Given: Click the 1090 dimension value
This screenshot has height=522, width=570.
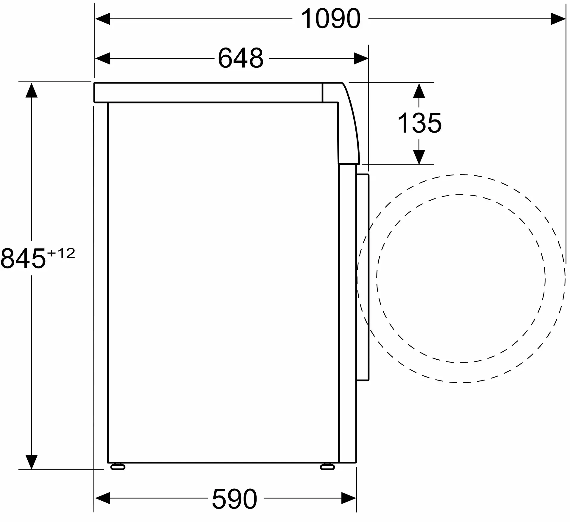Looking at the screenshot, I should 330,19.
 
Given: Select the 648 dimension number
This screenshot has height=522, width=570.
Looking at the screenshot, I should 241,58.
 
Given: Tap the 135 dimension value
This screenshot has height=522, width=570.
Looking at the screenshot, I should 419,123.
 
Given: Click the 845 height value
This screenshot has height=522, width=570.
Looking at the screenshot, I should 23,259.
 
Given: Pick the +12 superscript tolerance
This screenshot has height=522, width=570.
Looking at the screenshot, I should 61,254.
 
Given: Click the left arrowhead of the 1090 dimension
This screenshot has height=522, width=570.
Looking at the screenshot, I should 102,19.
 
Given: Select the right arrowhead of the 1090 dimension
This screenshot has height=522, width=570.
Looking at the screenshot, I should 558,19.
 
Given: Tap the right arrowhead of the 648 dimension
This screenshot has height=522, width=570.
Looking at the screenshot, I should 361,58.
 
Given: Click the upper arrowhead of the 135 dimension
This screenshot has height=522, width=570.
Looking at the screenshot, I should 419,90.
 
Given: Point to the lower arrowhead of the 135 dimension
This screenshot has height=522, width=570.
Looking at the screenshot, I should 419,157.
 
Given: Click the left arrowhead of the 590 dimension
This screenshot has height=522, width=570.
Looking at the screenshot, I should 102,498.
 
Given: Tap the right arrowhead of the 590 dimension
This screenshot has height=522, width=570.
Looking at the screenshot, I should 349,498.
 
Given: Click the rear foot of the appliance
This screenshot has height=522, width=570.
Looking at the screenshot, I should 118,467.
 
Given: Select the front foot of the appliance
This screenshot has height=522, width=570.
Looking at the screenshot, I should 327,467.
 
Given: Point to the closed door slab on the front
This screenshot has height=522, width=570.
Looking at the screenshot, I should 363,276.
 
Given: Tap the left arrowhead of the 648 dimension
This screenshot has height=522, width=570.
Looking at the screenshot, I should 102,58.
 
